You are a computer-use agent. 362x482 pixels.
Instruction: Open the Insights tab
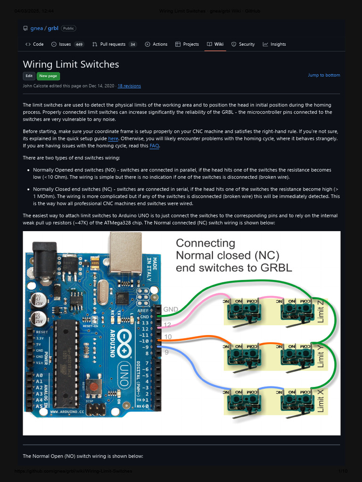coord(274,44)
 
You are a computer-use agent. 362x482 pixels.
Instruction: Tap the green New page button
coord(48,76)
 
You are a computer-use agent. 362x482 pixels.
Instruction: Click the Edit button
coord(29,76)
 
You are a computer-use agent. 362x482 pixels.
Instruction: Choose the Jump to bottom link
coord(324,75)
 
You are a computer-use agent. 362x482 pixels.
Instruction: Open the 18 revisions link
coord(129,86)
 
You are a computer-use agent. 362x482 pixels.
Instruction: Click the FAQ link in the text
coord(154,146)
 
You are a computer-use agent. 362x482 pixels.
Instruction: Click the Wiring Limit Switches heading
coord(71,64)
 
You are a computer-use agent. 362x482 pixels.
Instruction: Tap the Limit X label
coord(321,400)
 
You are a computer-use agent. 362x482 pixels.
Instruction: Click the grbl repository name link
coord(53,28)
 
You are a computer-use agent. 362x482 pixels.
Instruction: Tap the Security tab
coord(243,44)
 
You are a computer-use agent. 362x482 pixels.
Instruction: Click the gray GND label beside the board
coord(170,309)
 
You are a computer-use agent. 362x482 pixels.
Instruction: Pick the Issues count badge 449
coord(79,44)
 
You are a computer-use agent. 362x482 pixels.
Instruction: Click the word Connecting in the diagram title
coord(205,243)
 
